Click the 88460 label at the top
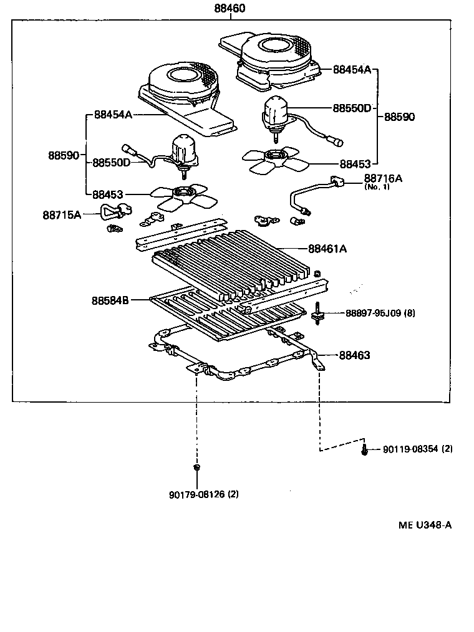coord(231,9)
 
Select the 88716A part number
coord(383,178)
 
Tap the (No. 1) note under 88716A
coord(377,187)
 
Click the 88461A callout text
coord(327,249)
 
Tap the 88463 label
coord(354,355)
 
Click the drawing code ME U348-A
coord(425,525)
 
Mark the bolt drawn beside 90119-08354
coord(363,449)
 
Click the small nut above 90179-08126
coord(196,467)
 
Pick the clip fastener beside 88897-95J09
coord(319,313)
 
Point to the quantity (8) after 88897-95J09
coord(409,314)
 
